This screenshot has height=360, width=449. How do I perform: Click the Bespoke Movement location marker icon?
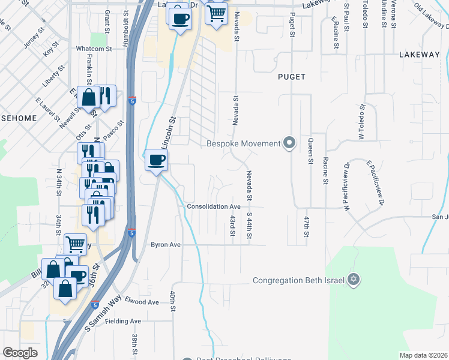(x=290, y=143)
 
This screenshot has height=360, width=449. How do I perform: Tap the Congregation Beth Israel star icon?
(x=354, y=280)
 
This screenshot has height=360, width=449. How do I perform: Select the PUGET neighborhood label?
(x=292, y=77)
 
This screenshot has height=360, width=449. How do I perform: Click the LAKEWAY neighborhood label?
(x=419, y=55)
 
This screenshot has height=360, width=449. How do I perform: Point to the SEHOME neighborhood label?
(x=18, y=118)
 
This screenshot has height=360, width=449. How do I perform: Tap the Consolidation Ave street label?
(x=214, y=206)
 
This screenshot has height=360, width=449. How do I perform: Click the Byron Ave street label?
(x=166, y=245)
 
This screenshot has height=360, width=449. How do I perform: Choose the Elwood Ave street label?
(x=142, y=302)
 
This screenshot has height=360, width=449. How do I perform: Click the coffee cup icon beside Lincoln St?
(x=157, y=160)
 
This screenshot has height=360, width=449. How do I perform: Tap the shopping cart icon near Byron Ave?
(x=75, y=243)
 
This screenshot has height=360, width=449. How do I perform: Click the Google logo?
(x=20, y=353)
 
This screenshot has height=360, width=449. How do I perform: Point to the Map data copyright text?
(x=424, y=355)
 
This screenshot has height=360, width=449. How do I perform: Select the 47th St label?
(x=306, y=226)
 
